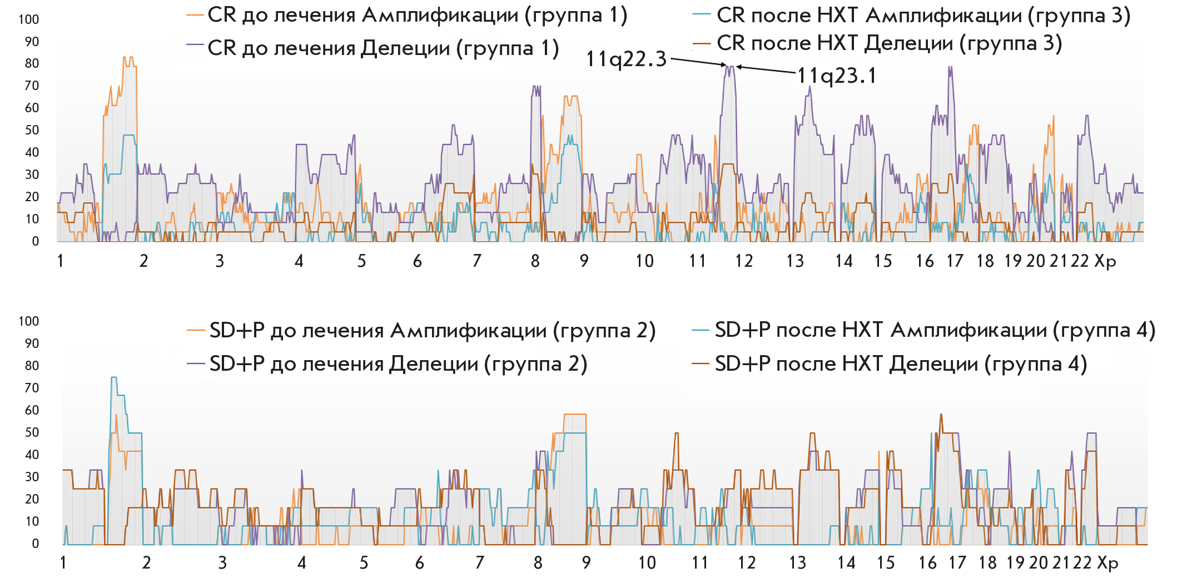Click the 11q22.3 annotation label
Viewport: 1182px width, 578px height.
point(626,59)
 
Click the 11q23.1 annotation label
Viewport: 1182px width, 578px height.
point(837,76)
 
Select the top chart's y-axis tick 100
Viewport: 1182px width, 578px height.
point(29,19)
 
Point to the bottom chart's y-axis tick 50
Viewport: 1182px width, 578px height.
point(32,432)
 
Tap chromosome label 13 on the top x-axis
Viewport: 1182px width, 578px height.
point(795,261)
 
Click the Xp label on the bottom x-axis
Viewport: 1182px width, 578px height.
point(1107,563)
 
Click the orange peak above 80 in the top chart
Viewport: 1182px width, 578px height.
point(128,58)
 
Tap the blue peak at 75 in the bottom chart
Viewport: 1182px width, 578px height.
point(114,378)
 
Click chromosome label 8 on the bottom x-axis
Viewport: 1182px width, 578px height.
point(538,563)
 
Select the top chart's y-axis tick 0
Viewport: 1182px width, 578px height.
point(36,241)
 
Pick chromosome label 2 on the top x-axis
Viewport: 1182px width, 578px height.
point(143,261)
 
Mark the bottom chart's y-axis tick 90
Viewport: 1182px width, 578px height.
point(32,343)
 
